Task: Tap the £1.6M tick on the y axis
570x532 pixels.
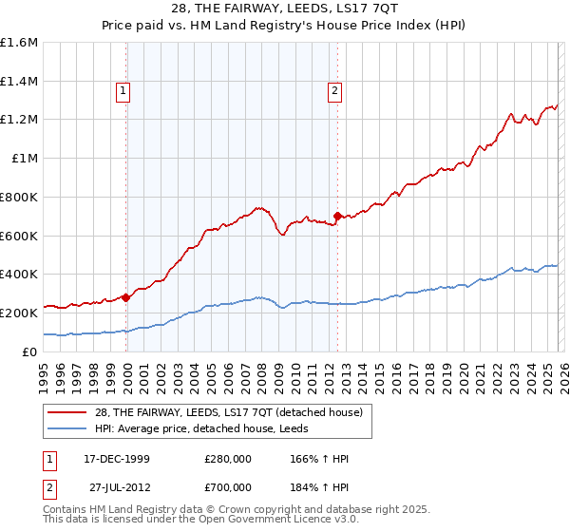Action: [x=19, y=43]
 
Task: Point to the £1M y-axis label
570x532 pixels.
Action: [x=24, y=159]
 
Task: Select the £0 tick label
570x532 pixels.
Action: [x=29, y=351]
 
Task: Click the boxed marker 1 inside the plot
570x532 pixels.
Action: [x=123, y=91]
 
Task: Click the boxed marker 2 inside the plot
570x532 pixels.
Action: [x=335, y=91]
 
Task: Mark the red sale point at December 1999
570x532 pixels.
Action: [x=126, y=297]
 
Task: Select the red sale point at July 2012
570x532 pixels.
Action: [x=338, y=217]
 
